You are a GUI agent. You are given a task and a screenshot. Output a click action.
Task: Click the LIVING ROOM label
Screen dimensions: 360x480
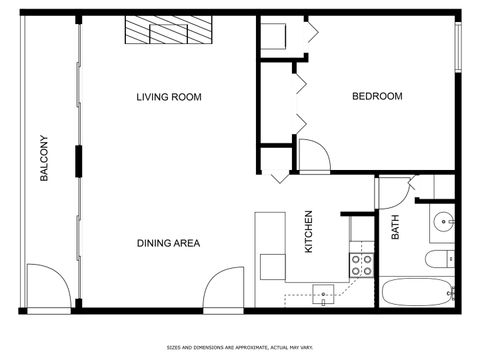pyautogui.click(x=169, y=97)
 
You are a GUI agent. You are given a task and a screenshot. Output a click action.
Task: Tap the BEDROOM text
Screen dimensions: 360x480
pyautogui.click(x=377, y=96)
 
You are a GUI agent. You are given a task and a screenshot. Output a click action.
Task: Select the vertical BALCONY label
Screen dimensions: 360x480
pyautogui.click(x=44, y=159)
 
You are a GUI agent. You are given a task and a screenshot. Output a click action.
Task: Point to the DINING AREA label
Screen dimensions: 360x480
pyautogui.click(x=169, y=243)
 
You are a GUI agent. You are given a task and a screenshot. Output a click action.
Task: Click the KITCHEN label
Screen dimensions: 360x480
pyautogui.click(x=309, y=231)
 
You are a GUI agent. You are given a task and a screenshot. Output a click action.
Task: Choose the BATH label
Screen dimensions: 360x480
pyautogui.click(x=396, y=229)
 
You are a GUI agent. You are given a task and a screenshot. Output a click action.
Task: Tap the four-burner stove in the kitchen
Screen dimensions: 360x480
pyautogui.click(x=360, y=264)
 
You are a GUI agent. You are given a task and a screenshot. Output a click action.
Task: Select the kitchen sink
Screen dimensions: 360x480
pyautogui.click(x=324, y=294)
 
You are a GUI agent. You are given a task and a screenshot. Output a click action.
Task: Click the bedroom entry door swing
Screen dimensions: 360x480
pyautogui.click(x=312, y=155)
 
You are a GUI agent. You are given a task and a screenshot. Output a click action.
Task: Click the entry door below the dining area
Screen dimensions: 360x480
pyautogui.click(x=221, y=292)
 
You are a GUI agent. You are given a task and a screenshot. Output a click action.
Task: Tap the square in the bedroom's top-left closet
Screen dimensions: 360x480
pyautogui.click(x=273, y=39)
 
